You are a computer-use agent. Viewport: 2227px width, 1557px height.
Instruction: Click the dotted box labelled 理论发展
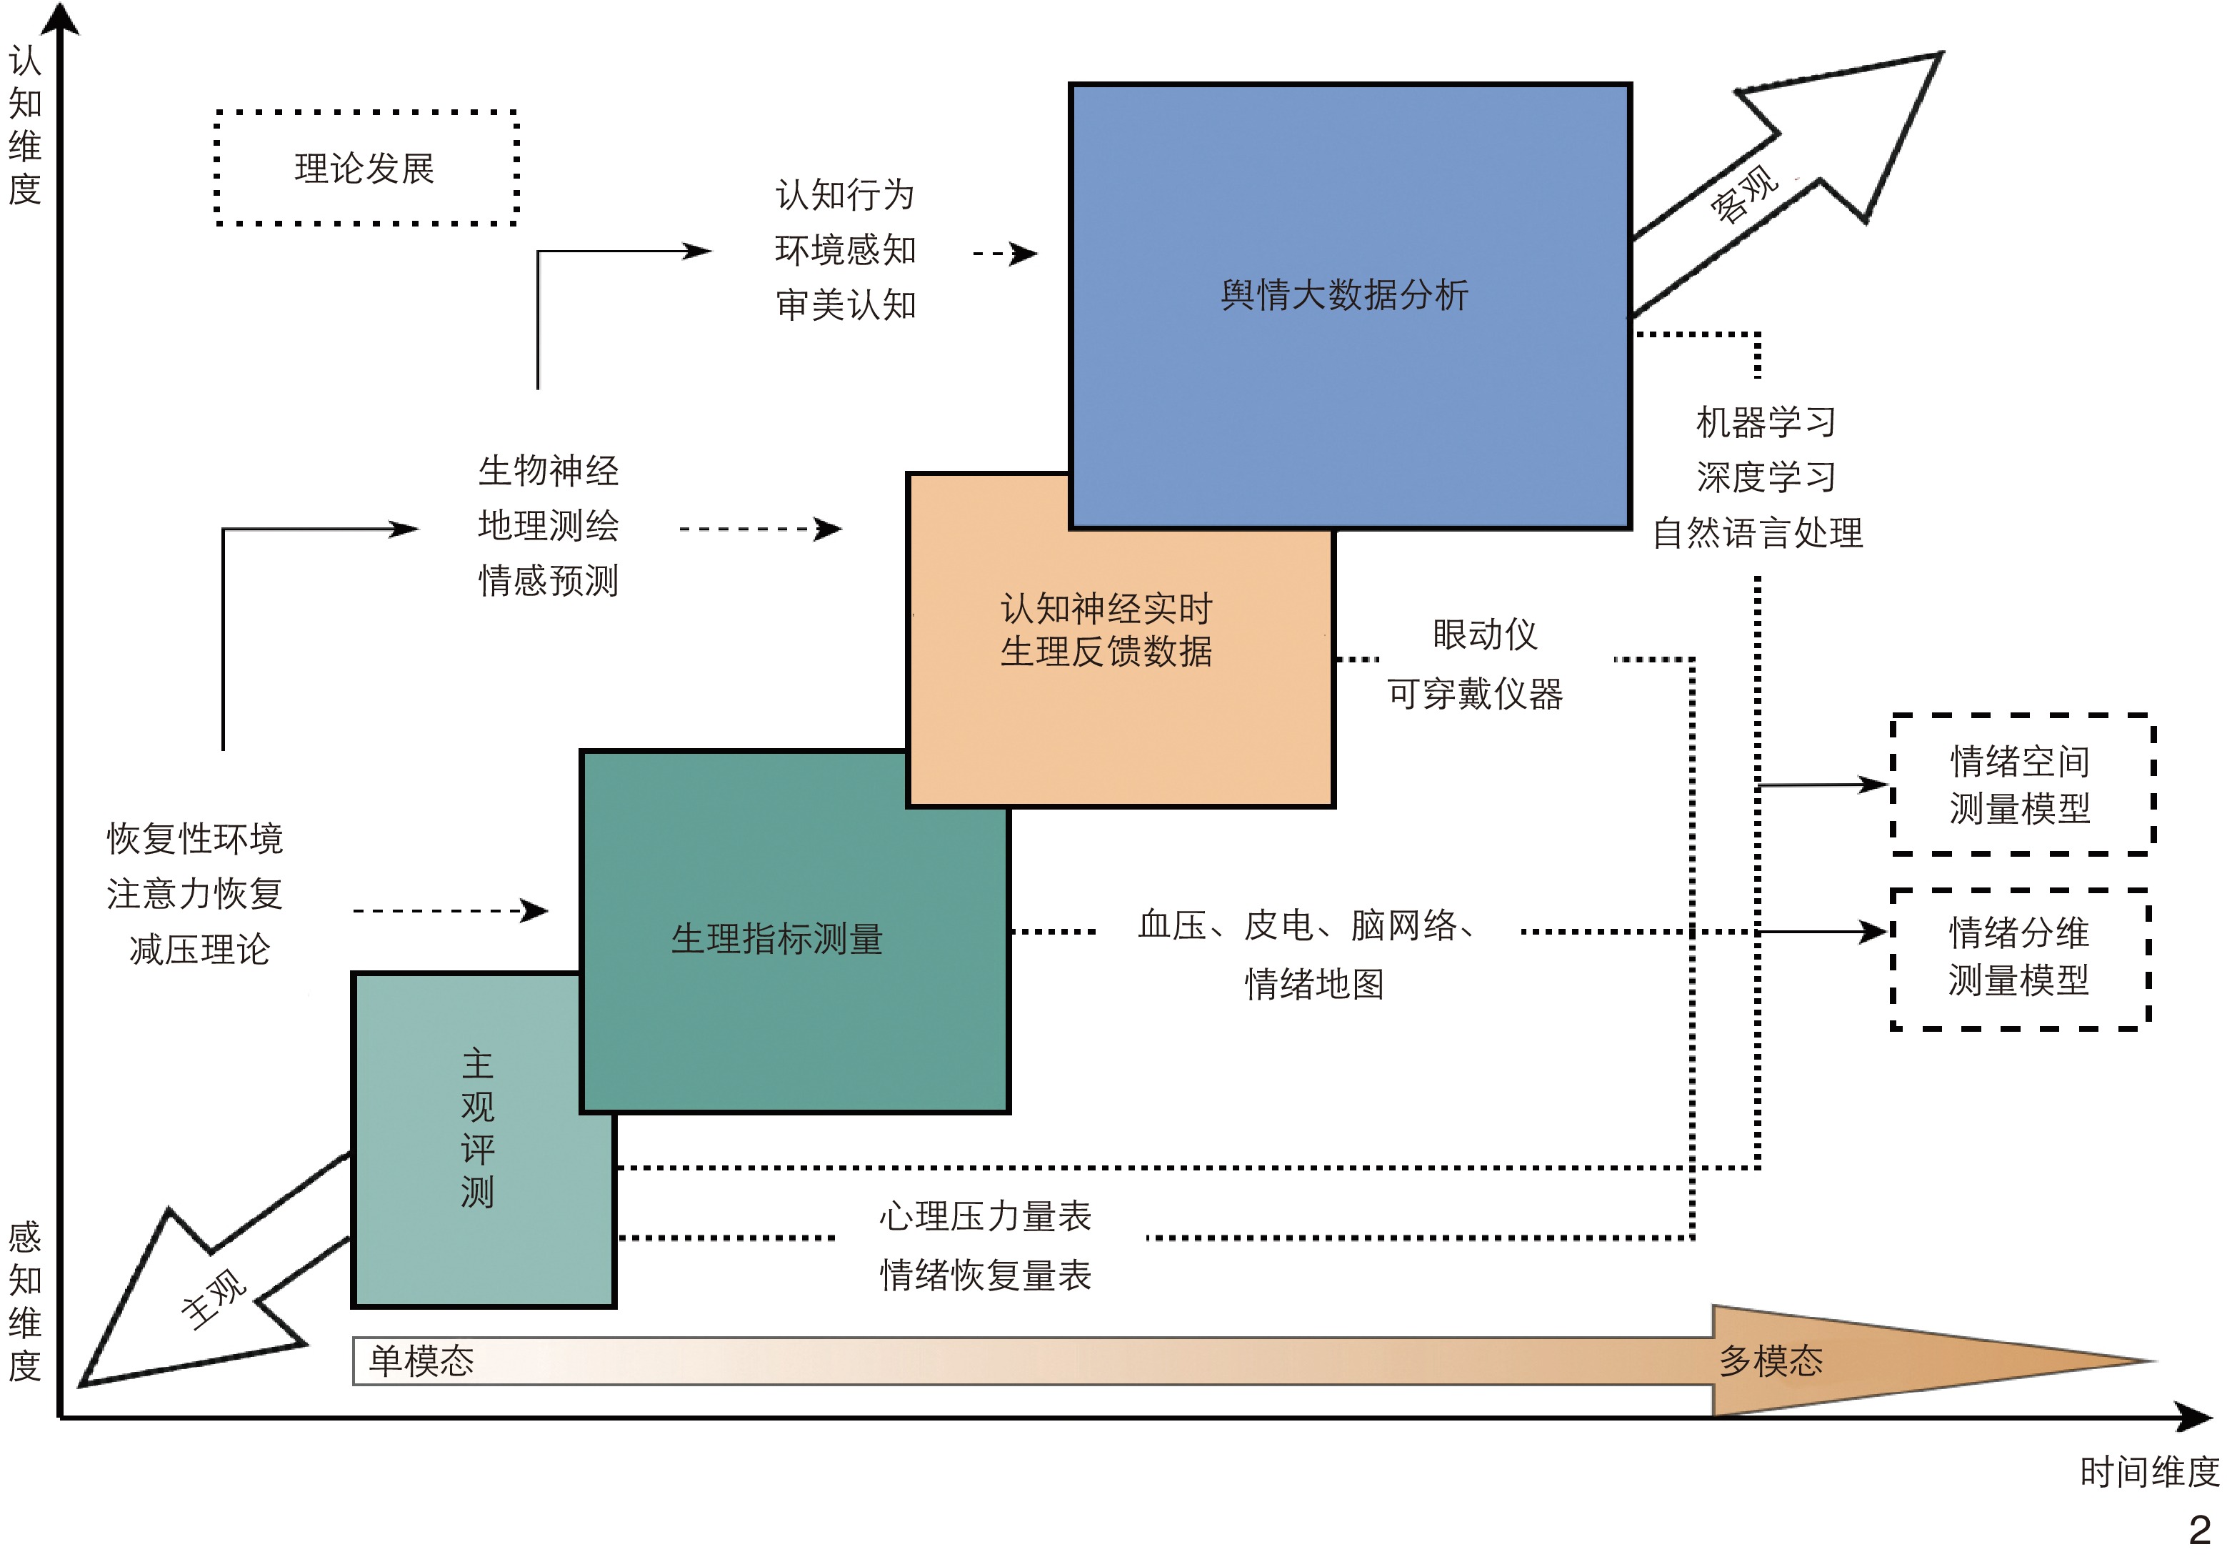click(365, 169)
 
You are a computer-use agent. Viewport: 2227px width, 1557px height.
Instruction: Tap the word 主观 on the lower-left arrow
click(214, 1298)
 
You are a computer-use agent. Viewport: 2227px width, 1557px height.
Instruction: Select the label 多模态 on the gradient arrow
click(1771, 1361)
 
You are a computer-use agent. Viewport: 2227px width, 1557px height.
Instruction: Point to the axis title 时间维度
click(2149, 1472)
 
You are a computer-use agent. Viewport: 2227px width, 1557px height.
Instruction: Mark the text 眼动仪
click(1485, 635)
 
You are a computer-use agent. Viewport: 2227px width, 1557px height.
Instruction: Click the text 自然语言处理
click(1758, 532)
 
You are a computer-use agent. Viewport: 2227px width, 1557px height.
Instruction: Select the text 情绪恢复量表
click(986, 1275)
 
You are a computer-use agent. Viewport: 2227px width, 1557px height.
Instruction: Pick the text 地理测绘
click(549, 526)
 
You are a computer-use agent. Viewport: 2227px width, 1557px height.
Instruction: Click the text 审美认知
click(846, 304)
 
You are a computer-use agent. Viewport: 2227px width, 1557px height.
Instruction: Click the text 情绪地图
click(1314, 984)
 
